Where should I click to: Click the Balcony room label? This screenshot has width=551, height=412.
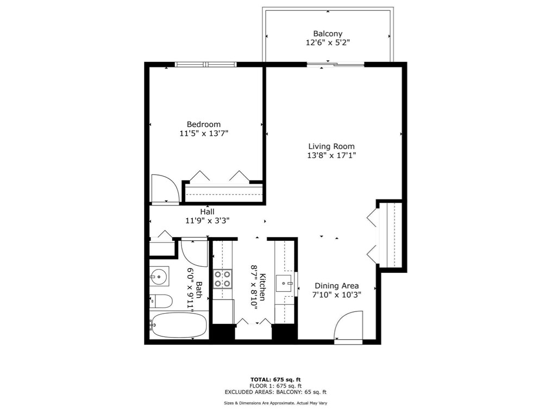point(328,34)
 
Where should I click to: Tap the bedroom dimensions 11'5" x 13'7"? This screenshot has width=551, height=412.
point(204,133)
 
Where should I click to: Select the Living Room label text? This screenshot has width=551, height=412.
point(331,146)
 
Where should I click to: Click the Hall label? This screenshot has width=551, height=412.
point(207,211)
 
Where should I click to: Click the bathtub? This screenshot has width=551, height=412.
point(179,325)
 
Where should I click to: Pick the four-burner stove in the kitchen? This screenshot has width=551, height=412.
point(222,279)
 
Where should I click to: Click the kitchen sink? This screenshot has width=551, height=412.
point(285,283)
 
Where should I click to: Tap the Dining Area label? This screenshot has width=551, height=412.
point(337,286)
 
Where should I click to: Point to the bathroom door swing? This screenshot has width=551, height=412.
point(194,252)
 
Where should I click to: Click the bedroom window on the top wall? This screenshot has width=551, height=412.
point(206,65)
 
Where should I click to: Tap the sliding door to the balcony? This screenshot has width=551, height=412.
point(335,65)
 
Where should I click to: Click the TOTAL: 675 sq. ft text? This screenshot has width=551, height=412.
point(275,379)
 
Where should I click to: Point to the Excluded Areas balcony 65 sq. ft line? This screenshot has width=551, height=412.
point(275,392)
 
